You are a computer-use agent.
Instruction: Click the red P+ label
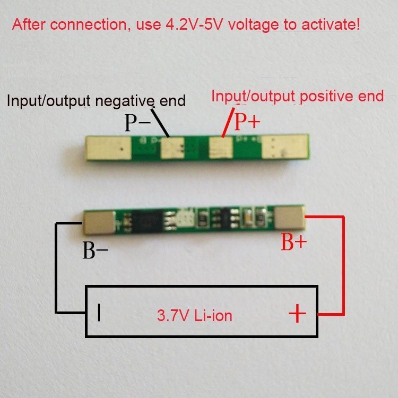coord(247,122)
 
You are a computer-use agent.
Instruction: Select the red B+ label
coord(293,243)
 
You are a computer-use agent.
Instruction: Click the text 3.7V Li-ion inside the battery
coord(194,316)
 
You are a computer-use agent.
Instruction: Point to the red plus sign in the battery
coord(297,314)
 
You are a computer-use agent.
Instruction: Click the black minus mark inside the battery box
coord(99,313)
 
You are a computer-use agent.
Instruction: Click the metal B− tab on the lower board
coord(99,222)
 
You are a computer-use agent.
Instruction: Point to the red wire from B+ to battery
coord(344,265)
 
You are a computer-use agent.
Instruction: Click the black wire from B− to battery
coord(55,265)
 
